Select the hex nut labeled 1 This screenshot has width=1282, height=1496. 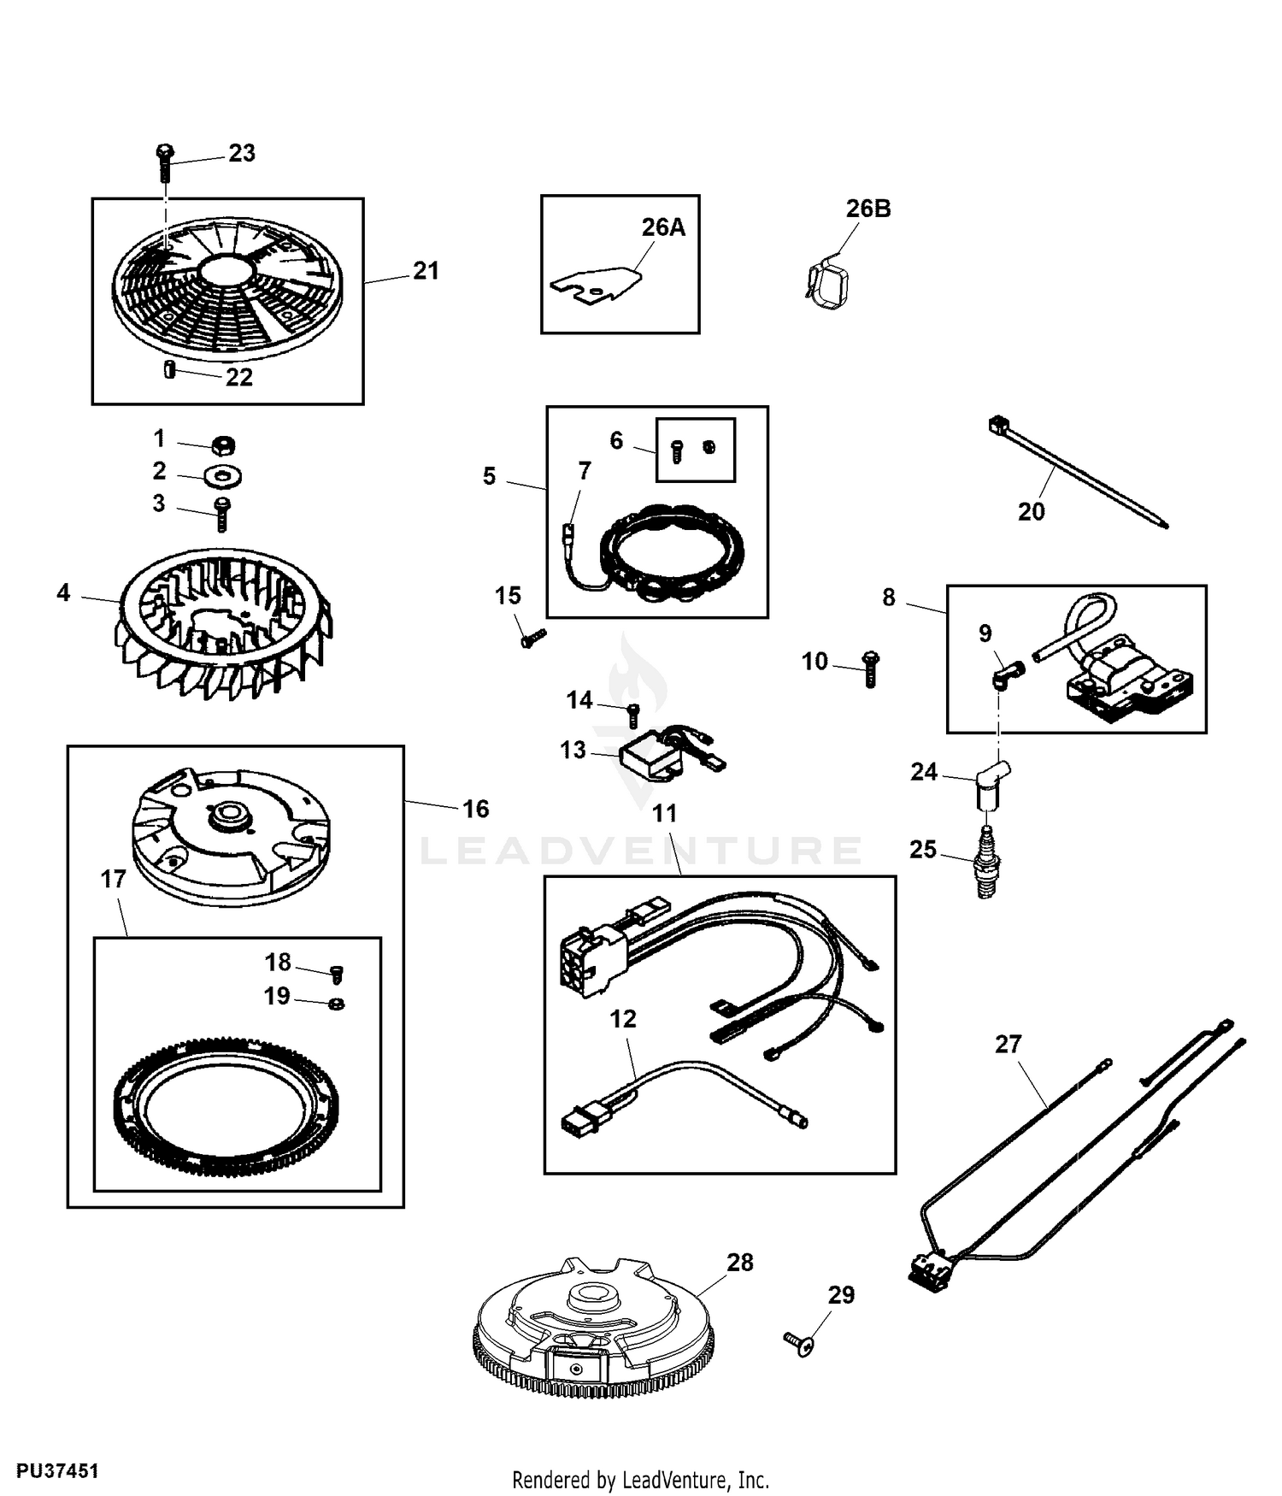(x=222, y=445)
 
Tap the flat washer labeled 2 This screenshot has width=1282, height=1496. (x=222, y=475)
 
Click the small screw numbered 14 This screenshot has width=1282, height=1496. (x=633, y=716)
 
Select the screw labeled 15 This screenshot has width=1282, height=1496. (x=532, y=638)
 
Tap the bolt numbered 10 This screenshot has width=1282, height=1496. (x=870, y=668)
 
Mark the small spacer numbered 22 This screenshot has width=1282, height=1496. (x=169, y=369)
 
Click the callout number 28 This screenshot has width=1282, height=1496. (x=740, y=1262)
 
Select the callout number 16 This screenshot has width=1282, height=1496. (x=476, y=809)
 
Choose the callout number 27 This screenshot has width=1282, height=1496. (x=1009, y=1044)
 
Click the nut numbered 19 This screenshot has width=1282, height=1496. (x=337, y=1003)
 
